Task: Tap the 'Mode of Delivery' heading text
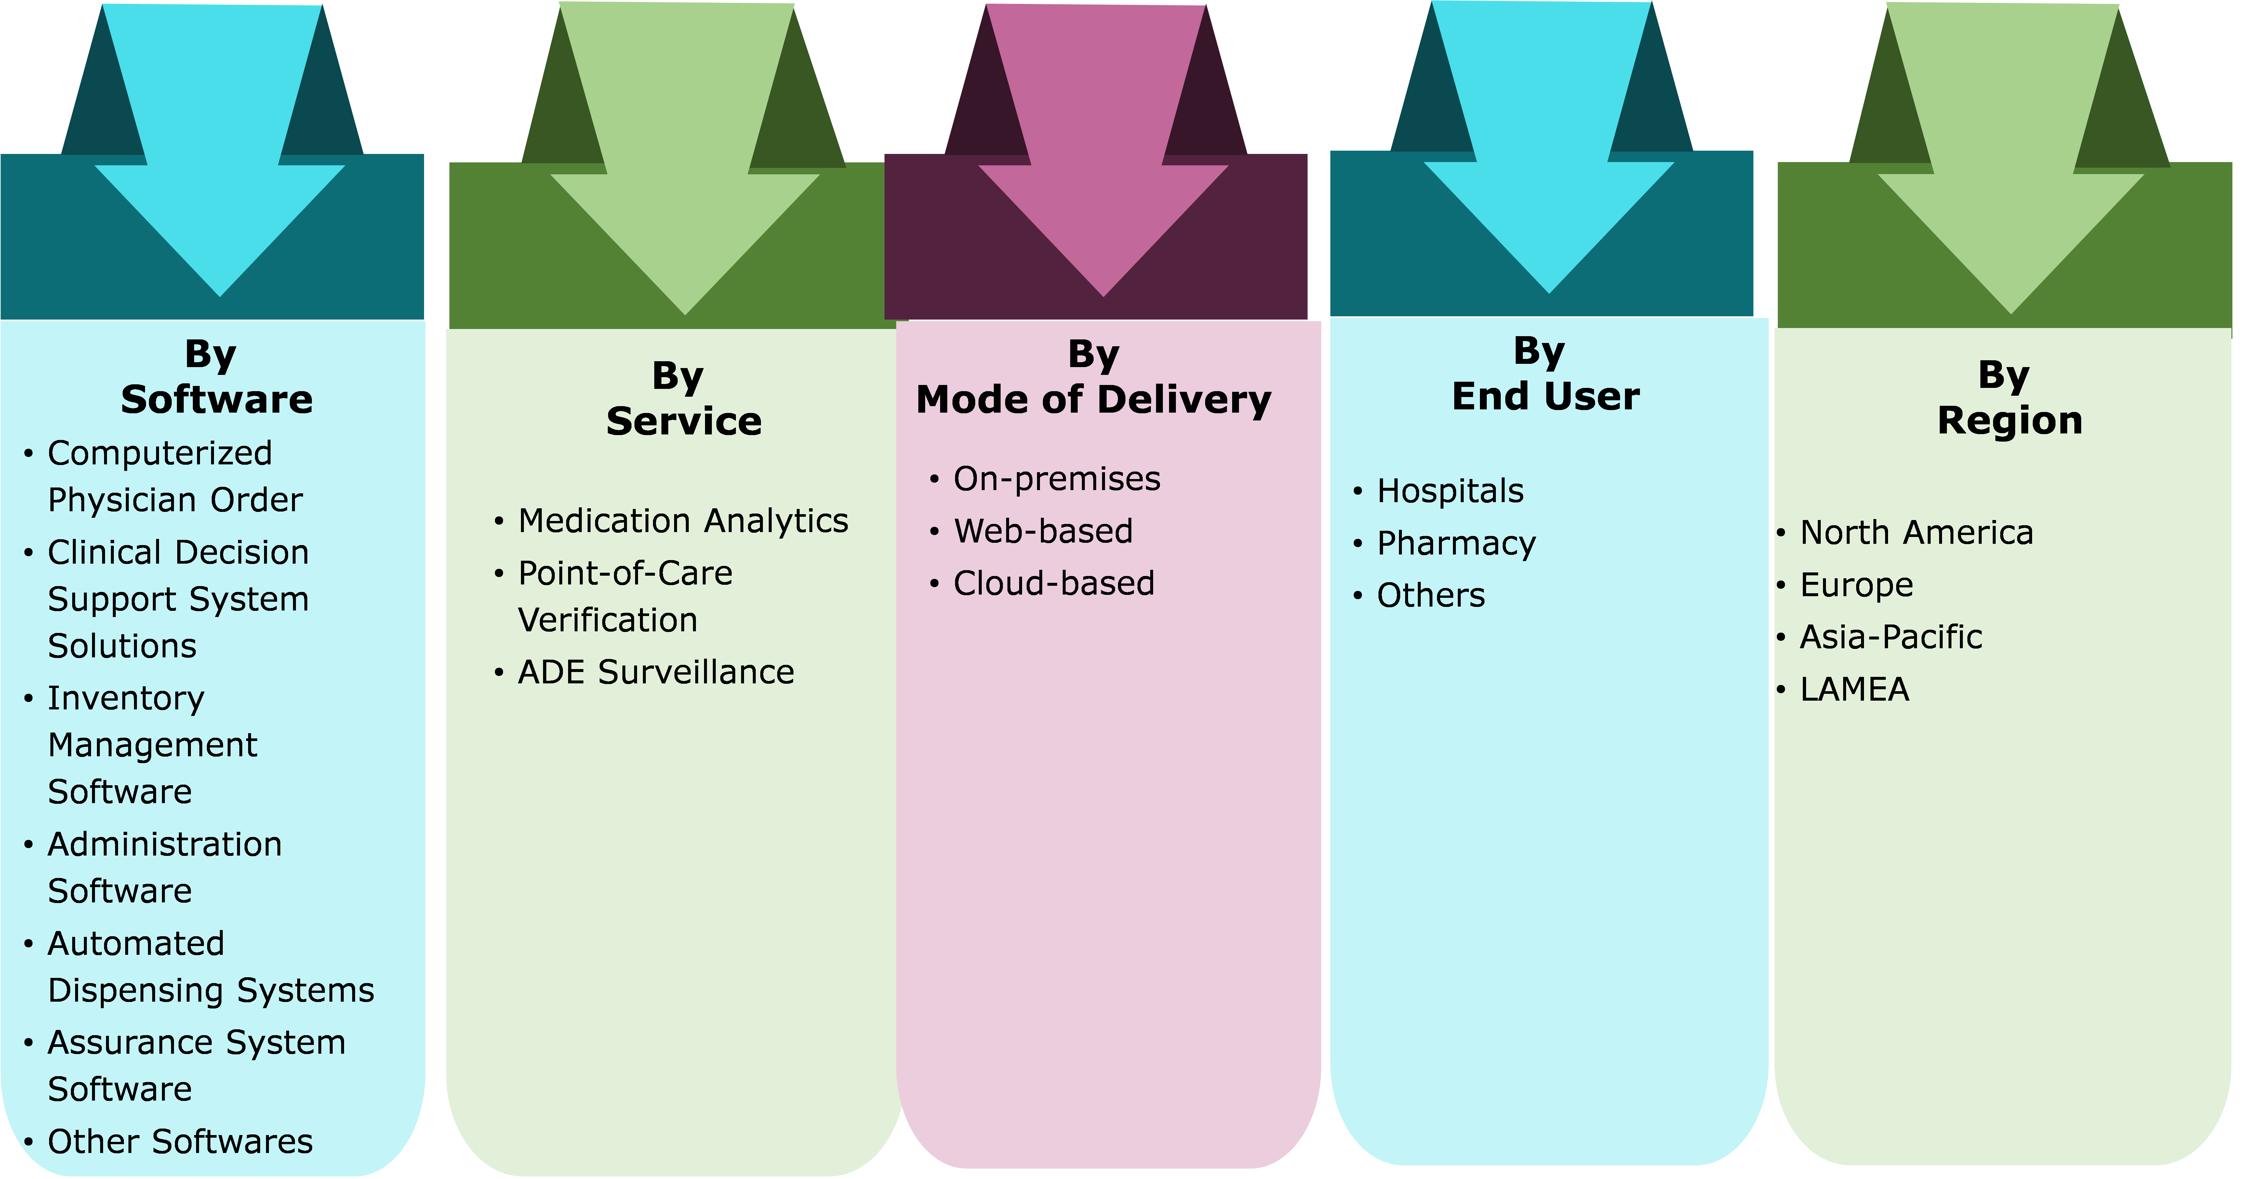(1093, 400)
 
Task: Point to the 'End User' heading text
(1546, 396)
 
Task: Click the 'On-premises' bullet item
(1056, 479)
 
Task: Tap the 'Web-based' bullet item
(1043, 531)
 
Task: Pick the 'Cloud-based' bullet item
(1054, 583)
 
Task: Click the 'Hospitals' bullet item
(1450, 491)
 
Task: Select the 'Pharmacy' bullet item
(1456, 544)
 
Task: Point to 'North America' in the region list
(1916, 532)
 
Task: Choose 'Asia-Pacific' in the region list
(1891, 637)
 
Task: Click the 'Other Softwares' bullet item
(180, 1141)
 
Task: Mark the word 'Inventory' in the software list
(126, 698)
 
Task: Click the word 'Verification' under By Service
(608, 620)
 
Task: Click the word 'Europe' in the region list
(1856, 585)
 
